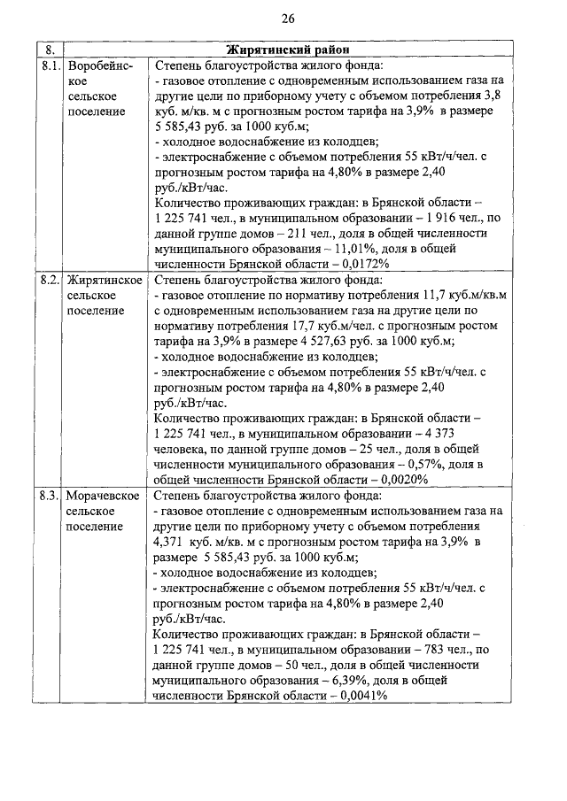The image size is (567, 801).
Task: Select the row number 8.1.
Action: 50,65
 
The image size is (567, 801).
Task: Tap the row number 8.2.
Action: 50,281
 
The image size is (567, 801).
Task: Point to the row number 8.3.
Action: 50,496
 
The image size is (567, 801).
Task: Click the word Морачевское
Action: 104,496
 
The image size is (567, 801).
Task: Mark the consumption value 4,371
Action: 170,541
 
